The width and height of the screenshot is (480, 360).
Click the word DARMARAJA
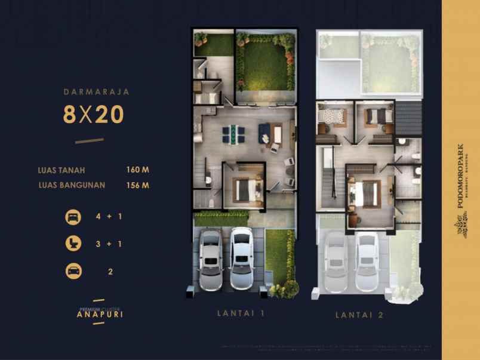coord(96,92)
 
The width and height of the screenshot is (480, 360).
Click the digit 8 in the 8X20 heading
coord(70,115)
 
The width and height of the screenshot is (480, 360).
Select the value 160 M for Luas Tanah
coord(137,170)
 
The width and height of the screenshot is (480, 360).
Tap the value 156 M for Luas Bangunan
coord(137,185)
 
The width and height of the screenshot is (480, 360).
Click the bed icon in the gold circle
coord(73,216)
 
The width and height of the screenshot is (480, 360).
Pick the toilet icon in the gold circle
coord(73,244)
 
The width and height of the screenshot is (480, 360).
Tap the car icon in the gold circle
coord(73,271)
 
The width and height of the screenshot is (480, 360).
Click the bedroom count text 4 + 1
coord(109,216)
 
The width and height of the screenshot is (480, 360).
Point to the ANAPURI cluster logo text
coord(100,314)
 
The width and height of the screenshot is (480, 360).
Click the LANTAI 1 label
coord(240,313)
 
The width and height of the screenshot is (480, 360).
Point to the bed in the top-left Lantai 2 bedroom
coord(330,117)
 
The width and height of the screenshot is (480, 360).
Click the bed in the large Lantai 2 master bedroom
coord(364,193)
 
